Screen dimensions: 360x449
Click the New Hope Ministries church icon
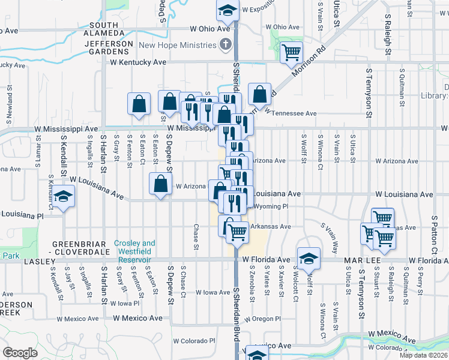point(226,44)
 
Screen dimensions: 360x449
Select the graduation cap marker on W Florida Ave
point(309,258)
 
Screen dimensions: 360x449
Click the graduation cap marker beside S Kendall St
point(62,197)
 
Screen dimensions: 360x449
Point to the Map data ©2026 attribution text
point(424,355)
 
